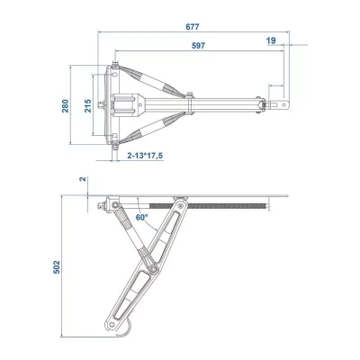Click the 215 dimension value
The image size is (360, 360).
87,109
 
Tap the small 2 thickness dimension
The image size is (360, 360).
82,179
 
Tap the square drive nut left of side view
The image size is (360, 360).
96,207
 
